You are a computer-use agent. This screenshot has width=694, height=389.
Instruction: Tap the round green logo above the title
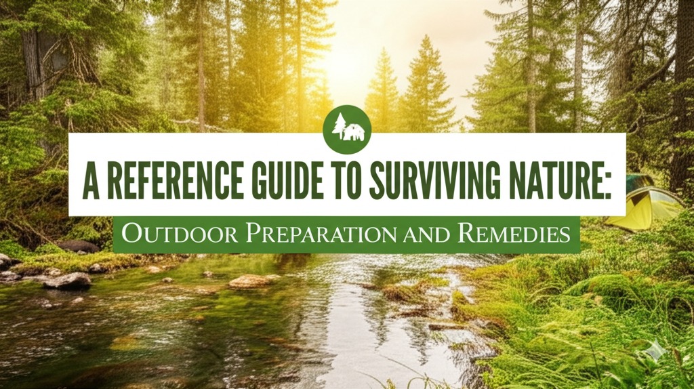coord(348,129)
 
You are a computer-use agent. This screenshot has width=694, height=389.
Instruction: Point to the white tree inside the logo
coord(339,126)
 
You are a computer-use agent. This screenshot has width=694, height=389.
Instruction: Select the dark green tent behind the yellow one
coord(638,182)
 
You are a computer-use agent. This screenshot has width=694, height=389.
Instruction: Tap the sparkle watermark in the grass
coord(654,351)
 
